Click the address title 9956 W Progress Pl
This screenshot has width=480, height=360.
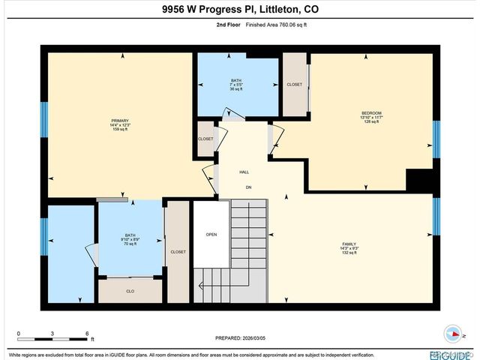point(240,10)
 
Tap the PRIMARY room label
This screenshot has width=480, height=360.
point(120,121)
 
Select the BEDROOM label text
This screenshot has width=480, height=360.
point(371,113)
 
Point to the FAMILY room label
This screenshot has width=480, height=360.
point(349,244)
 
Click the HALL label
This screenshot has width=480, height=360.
point(244,172)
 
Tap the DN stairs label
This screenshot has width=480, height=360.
point(247,187)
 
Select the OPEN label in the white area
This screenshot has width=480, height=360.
point(211,234)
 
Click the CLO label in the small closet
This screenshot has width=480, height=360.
point(130,289)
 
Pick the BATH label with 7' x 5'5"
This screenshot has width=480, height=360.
point(236,80)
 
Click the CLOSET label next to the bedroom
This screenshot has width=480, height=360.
point(295,84)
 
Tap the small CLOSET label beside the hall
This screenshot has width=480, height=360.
point(205,139)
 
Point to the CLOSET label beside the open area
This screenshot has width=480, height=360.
point(178,252)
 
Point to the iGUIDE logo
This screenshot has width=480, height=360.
point(450,354)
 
